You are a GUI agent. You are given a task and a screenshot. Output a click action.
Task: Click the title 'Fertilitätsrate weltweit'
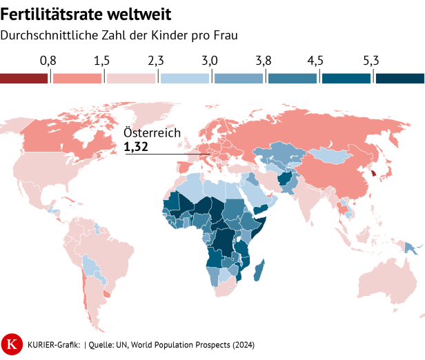click(86, 13)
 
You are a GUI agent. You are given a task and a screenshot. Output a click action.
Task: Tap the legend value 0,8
click(48, 61)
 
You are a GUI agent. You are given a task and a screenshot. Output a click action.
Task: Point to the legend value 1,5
click(101, 61)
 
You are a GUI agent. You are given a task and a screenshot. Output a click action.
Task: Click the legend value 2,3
click(155, 61)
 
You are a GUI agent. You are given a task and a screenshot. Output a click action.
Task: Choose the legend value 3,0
click(209, 61)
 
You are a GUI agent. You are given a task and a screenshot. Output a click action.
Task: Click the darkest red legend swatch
click(23, 78)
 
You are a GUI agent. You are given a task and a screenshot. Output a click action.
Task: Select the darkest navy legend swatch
click(400, 78)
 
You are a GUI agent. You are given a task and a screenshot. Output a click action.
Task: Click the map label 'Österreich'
click(152, 133)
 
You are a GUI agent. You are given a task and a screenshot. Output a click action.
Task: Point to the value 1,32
click(136, 147)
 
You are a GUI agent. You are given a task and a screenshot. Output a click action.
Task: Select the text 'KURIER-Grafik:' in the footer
click(54, 343)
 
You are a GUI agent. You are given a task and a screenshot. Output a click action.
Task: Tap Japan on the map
click(389, 169)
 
